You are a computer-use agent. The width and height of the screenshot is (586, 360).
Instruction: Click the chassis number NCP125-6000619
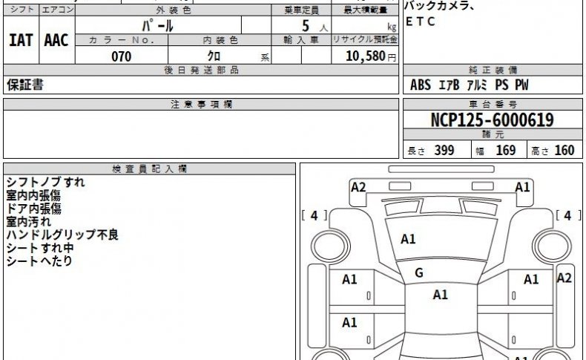tap(492, 120)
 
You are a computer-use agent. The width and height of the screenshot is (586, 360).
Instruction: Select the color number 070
tap(122, 57)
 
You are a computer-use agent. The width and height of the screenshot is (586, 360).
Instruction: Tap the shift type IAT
tap(21, 40)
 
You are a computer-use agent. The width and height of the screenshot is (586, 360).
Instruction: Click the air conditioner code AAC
tap(56, 40)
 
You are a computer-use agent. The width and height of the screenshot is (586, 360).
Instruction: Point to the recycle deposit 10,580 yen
tap(370, 56)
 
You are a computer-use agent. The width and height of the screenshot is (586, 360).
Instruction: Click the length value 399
tap(444, 150)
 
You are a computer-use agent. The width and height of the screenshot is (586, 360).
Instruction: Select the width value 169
tap(506, 150)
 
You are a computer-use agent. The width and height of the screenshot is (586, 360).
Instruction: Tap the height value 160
tap(564, 150)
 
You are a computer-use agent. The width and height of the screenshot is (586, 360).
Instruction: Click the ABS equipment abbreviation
tap(421, 85)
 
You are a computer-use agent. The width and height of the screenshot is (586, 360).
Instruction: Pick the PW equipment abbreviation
tap(521, 85)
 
